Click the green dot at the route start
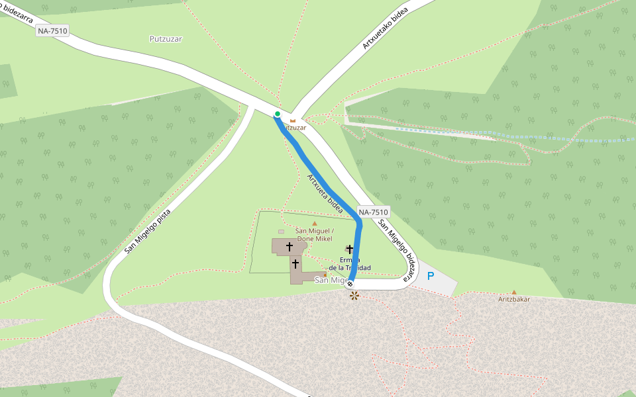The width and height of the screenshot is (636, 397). click(278, 114)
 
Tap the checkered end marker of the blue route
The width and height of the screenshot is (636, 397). click(350, 284)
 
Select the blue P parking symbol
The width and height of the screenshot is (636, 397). click(430, 276)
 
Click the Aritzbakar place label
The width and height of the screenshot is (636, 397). click(514, 299)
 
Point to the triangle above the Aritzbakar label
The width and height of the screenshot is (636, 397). click(514, 292)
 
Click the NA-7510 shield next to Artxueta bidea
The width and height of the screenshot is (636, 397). click(373, 212)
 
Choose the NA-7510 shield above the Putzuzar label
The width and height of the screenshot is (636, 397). click(52, 30)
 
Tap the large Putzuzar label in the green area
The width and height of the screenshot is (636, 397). click(166, 38)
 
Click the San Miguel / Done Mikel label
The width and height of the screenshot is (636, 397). click(315, 234)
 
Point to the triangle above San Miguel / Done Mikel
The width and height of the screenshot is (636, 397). click(315, 224)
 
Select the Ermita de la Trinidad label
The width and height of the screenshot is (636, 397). click(349, 263)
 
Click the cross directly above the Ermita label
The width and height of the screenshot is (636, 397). click(349, 249)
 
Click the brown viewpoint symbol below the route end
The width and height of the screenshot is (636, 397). click(354, 296)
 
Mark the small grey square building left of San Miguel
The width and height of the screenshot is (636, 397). click(281, 232)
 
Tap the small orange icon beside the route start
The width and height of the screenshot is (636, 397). click(292, 120)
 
